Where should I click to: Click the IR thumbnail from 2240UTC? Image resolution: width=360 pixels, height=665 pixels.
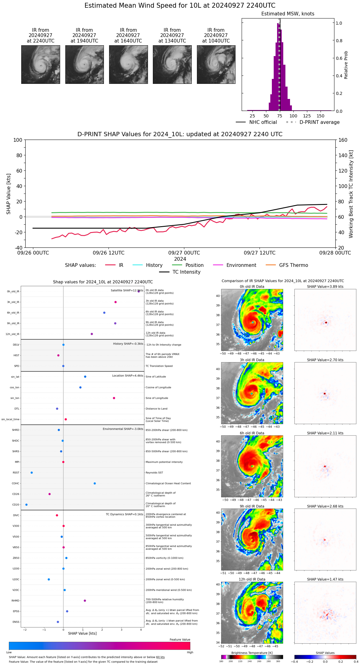click(41, 64)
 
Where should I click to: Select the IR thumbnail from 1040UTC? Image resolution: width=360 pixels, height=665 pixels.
click(216, 64)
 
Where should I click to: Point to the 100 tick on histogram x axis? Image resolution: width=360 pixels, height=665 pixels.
click(293, 116)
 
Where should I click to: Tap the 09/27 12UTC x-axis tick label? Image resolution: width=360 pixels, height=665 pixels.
click(260, 253)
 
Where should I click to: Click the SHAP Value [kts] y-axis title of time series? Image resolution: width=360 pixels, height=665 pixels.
click(9, 194)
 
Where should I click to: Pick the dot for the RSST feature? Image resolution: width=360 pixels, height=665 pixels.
click(31, 473)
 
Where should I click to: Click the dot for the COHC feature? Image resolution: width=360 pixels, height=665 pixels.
click(95, 483)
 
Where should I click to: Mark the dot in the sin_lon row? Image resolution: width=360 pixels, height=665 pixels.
click(114, 398)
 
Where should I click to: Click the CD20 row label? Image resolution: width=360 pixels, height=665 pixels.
click(16, 505)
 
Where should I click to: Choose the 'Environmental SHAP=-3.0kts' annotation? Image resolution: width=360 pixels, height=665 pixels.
click(123, 429)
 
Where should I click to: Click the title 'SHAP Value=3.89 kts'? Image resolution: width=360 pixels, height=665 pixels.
click(325, 287)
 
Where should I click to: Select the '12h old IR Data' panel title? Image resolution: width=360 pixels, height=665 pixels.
click(252, 579)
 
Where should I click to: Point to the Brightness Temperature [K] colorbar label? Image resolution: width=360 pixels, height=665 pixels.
click(252, 653)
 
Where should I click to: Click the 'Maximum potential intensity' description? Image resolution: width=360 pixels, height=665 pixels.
click(164, 462)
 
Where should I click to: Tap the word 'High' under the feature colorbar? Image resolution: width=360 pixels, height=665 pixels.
click(190, 652)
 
